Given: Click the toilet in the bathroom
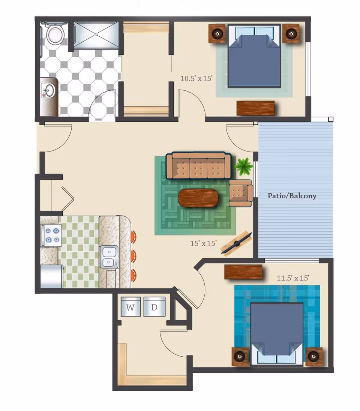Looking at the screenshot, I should coord(55,34).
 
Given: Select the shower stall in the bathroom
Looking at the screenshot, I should coord(96,34).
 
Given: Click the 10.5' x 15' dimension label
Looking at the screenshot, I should coord(196,78).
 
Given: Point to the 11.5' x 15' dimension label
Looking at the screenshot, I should coord(293,278).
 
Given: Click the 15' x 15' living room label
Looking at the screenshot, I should coord(204,243).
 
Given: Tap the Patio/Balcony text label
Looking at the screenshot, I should coord(292,196).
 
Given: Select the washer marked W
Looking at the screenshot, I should coord(130,307).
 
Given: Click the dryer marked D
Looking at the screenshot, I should coord(154,307).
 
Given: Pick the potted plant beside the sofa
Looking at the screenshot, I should coord(244,166).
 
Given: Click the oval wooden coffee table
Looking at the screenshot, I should coord(198,198).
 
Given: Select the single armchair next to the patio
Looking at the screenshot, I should coord(240,193).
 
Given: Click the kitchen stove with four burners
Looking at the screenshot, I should coord(51,235).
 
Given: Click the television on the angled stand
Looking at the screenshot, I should coord(236,243).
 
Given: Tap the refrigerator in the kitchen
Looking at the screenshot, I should coord(51,276).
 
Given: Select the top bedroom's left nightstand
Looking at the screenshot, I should coord(217,34).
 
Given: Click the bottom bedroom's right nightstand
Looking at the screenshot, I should coord(314,357).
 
